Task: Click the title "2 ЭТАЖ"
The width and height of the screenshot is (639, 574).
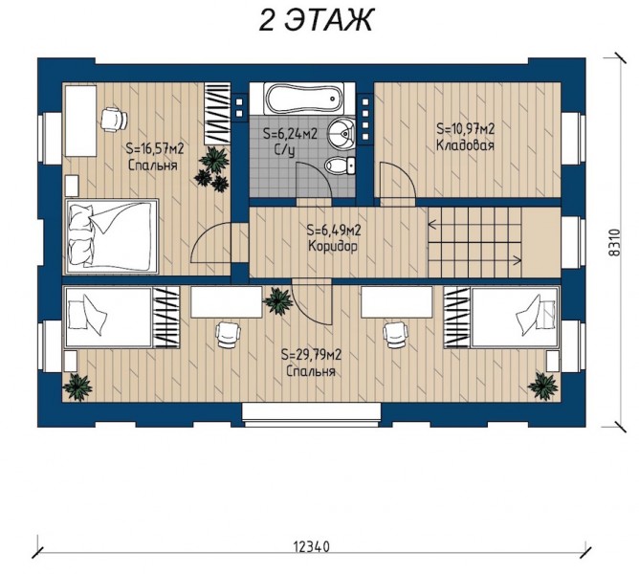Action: tap(316, 19)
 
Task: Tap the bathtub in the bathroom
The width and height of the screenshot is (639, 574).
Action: tap(304, 99)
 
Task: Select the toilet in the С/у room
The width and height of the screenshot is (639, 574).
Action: tap(340, 166)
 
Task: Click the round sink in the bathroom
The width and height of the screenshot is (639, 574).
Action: tap(342, 132)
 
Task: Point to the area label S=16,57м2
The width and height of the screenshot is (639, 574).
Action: tap(155, 148)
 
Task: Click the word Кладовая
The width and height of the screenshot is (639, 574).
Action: tap(466, 145)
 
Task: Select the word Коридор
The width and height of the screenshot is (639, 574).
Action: tap(333, 246)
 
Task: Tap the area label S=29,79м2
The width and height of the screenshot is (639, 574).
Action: tap(311, 355)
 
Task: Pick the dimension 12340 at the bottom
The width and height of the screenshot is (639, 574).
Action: tap(311, 546)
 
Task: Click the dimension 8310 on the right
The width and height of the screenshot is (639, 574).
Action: tap(615, 242)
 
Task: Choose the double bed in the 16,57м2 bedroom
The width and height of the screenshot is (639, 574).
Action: tap(112, 237)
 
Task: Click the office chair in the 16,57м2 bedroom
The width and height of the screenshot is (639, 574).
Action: tap(114, 119)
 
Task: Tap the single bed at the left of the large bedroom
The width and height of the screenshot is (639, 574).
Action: tap(109, 318)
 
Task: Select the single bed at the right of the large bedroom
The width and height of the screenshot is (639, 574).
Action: tap(514, 318)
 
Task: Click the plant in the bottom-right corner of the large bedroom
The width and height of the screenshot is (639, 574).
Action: tap(542, 386)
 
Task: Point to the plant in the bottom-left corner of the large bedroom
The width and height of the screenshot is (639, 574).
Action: tap(77, 386)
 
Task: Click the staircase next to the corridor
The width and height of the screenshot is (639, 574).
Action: tap(474, 242)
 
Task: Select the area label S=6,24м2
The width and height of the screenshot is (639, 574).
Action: tap(290, 134)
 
